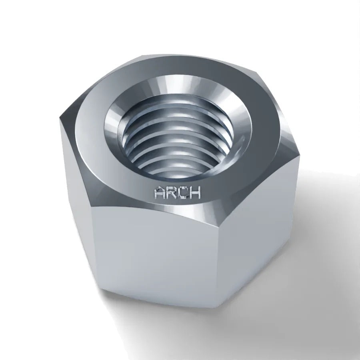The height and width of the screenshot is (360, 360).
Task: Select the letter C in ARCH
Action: (x=183, y=192)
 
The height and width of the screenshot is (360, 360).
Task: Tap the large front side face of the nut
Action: (x=154, y=252)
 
